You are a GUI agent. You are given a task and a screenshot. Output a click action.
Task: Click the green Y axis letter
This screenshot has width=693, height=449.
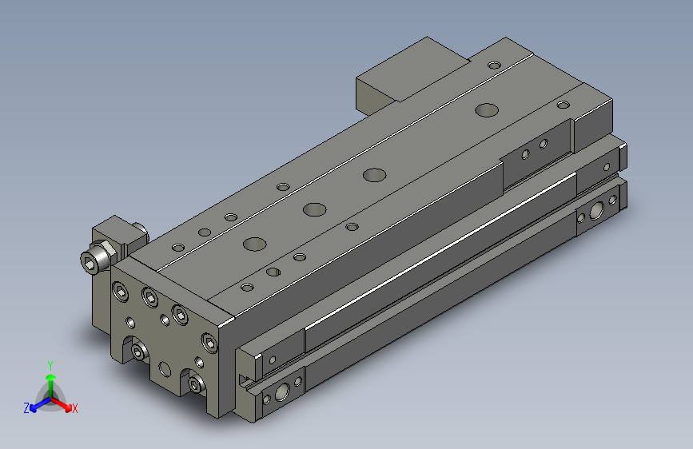[50, 364]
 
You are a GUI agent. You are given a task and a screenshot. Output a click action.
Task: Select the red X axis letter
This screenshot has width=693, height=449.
[74, 409]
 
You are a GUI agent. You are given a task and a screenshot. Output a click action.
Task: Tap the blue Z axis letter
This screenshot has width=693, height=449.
[27, 408]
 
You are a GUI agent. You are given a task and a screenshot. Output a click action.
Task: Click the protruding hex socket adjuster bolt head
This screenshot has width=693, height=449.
[96, 260]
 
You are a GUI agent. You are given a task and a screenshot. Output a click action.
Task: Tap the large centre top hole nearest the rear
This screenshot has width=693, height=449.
[485, 109]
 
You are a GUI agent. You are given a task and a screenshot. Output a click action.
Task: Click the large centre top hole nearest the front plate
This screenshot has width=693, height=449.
[255, 243]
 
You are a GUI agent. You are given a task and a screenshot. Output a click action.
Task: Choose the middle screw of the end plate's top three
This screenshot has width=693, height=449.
[149, 299]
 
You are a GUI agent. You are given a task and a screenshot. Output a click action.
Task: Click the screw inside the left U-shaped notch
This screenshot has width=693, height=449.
[140, 352]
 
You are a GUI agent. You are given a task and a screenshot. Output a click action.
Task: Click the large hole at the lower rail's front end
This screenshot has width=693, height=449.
[281, 392]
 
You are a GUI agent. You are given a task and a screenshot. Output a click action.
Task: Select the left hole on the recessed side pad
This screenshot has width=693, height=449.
[526, 153]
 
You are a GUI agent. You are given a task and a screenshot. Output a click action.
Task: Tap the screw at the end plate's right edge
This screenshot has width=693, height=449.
[210, 344]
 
